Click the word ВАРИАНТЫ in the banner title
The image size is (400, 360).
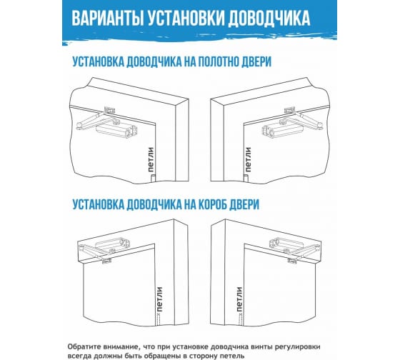tap(108, 19)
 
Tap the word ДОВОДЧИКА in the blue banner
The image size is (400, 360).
tap(269, 19)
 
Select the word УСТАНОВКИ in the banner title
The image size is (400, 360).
tap(186, 19)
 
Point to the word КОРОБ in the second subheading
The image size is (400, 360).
tap(212, 204)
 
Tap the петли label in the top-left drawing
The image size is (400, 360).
tap(151, 159)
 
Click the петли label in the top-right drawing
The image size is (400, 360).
tap(248, 159)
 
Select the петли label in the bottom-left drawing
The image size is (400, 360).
tap(159, 299)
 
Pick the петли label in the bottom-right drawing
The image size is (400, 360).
tap(239, 299)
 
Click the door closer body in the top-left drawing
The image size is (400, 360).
tap(117, 129)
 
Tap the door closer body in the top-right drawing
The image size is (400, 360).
tap(282, 129)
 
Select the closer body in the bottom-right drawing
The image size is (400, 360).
tap(287, 244)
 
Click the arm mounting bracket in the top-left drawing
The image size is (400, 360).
tap(110, 111)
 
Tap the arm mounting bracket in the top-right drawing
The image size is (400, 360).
tap(289, 111)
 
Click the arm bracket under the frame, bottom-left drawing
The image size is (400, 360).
tap(106, 261)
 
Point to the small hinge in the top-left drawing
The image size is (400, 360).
tap(152, 178)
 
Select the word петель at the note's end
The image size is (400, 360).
tap(228, 356)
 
